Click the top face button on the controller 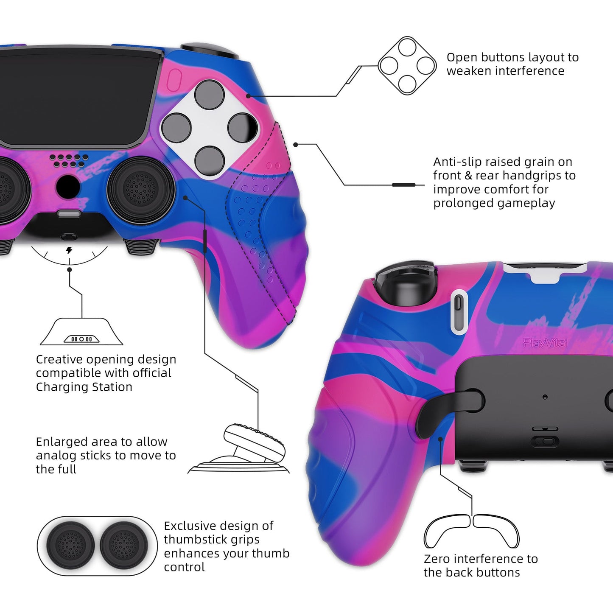pyautogui.click(x=209, y=95)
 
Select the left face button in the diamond pyautogui.click(x=176, y=128)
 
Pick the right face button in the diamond pyautogui.click(x=242, y=128)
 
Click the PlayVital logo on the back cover pyautogui.click(x=545, y=343)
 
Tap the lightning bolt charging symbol pyautogui.click(x=69, y=250)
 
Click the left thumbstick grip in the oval pyautogui.click(x=70, y=546)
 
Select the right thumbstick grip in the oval pyautogui.click(x=124, y=546)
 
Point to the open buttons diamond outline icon pyautogui.click(x=407, y=65)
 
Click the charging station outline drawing pyautogui.click(x=81, y=332)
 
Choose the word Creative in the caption pyautogui.click(x=59, y=359)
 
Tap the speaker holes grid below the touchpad pyautogui.click(x=69, y=161)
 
